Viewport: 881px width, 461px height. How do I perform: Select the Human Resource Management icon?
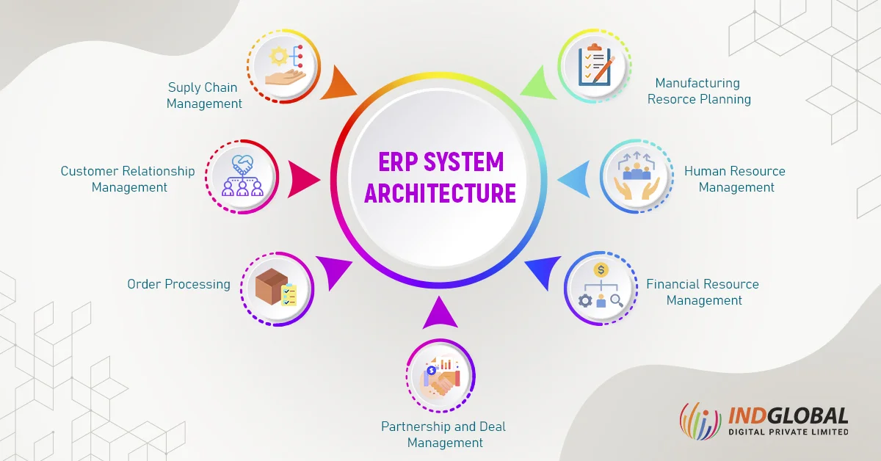coord(636,177)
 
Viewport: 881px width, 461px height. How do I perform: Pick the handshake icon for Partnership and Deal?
coord(440,377)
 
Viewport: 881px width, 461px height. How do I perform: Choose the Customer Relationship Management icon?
coord(242,177)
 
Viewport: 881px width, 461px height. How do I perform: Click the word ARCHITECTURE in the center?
coord(440,193)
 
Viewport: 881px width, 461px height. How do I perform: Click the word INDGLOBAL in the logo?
coord(788,416)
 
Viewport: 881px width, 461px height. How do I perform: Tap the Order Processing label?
coord(178,284)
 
